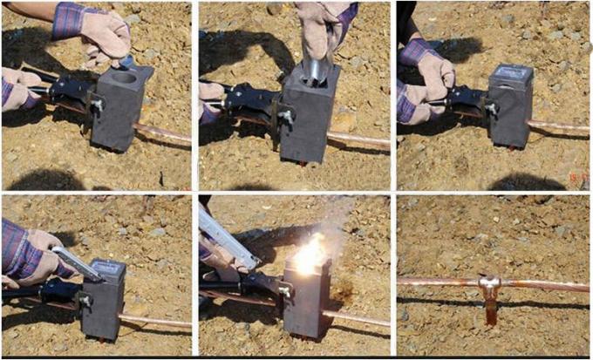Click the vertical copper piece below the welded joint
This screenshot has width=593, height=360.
[x=490, y=309]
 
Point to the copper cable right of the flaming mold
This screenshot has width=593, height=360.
[x=357, y=318]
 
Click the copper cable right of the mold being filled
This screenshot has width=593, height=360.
[x=358, y=139]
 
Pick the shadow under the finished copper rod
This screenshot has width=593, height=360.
[x=488, y=302]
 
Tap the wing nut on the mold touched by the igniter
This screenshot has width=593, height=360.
[x=85, y=300]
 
